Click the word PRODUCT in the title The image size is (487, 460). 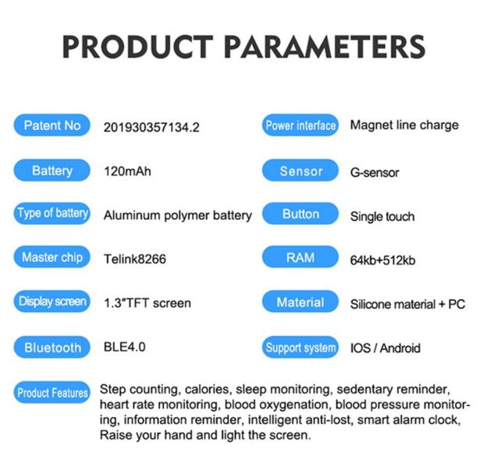point(138,47)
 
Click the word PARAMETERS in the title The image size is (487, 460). point(325,47)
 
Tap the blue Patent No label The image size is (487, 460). point(52,125)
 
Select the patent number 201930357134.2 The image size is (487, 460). point(151,128)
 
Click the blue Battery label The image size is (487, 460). point(52,170)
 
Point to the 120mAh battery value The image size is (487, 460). point(128,172)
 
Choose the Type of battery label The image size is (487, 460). point(52,214)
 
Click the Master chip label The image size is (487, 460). point(52,257)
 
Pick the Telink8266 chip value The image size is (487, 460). point(135,259)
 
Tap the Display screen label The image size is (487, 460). point(52,301)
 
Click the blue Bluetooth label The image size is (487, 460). point(52,347)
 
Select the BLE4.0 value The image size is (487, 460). point(125,347)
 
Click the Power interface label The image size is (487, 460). point(300,125)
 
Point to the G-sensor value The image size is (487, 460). point(375,172)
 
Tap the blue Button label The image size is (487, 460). point(300,214)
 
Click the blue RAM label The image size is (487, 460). point(300,257)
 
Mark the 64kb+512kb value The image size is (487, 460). point(382,260)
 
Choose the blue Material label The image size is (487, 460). point(300,301)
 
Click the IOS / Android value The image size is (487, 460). point(386,348)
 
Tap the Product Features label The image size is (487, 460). point(52,392)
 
